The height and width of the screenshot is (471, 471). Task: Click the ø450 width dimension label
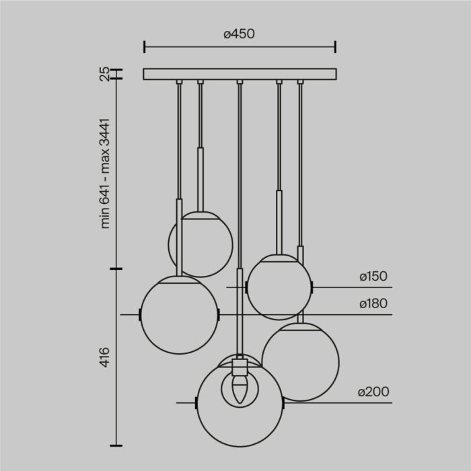coord(239,34)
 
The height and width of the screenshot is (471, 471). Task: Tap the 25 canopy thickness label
coord(104,74)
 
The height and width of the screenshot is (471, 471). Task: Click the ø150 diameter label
coord(373,276)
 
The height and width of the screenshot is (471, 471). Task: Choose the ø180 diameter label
coord(373,303)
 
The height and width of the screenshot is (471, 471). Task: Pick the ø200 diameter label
coord(373,392)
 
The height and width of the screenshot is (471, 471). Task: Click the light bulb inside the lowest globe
coord(239,390)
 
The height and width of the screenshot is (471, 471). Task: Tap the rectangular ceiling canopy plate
coord(240,74)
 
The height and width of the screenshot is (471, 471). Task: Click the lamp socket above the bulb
coord(239,369)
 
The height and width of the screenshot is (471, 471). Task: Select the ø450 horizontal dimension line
coord(240,47)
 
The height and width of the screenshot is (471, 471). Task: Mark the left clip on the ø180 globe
coord(139,315)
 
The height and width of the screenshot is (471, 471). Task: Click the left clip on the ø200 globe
coord(196,404)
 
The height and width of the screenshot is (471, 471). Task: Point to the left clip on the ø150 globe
coord(247,287)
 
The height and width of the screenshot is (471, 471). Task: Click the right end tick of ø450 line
coord(336,47)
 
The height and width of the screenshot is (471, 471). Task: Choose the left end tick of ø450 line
coord(144,47)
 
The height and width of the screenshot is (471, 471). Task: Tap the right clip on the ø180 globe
coord(219,315)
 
